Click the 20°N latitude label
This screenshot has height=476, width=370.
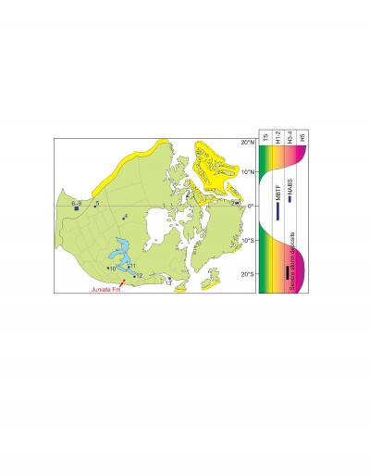point(247,144)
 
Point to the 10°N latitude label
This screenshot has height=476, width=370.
point(247,172)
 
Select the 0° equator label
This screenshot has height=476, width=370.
point(248,206)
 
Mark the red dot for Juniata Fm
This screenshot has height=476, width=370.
point(123,282)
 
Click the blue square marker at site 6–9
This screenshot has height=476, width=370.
point(77,209)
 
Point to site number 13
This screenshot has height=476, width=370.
point(168,282)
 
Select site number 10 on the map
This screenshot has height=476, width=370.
point(112,269)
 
